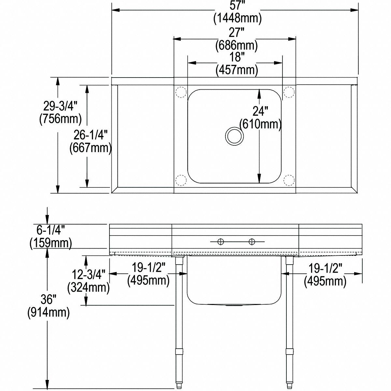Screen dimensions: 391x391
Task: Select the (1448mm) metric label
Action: coord(237,19)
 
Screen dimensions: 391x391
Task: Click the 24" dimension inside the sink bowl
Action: coord(260,111)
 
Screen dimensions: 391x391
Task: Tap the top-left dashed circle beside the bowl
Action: coord(181,92)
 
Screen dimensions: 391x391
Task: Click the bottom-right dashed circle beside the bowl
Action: coord(289,180)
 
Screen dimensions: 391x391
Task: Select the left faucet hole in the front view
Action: coord(221,241)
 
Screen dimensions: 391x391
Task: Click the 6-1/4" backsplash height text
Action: coord(49,230)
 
